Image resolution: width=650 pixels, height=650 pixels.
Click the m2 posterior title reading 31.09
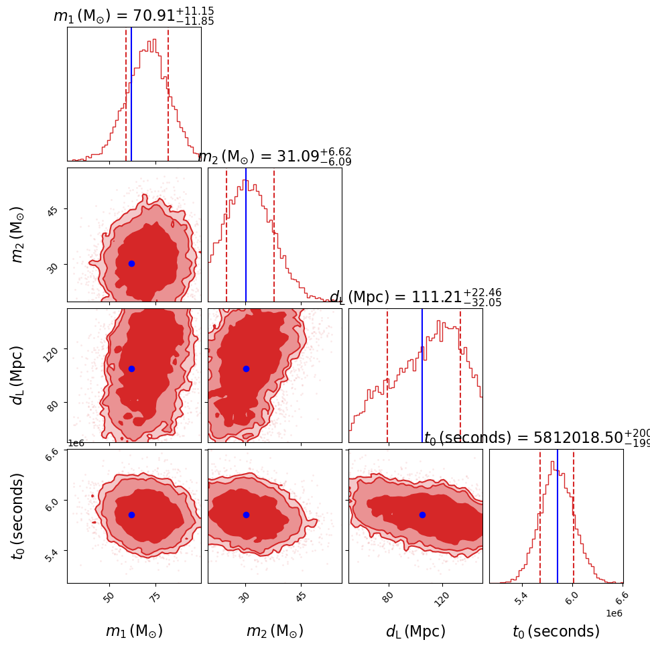(274, 157)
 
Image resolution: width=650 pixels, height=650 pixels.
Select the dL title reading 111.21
(415, 298)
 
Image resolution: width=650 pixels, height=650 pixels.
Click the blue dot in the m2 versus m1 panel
(131, 263)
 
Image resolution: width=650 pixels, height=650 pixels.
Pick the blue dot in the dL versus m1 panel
(131, 369)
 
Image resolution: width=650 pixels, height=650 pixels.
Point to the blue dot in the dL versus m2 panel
(246, 369)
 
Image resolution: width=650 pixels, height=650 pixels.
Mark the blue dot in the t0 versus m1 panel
(131, 515)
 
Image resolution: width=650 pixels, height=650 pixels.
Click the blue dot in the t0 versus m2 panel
(246, 515)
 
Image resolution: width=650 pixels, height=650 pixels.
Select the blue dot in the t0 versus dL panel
(422, 515)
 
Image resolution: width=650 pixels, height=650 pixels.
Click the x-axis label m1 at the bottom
(134, 631)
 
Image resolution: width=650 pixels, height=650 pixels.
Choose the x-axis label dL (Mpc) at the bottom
(415, 631)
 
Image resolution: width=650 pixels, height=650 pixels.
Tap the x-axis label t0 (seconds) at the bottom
(556, 631)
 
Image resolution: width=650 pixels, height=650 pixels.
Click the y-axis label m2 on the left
(18, 235)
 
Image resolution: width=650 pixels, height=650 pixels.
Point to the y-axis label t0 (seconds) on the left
(18, 516)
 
